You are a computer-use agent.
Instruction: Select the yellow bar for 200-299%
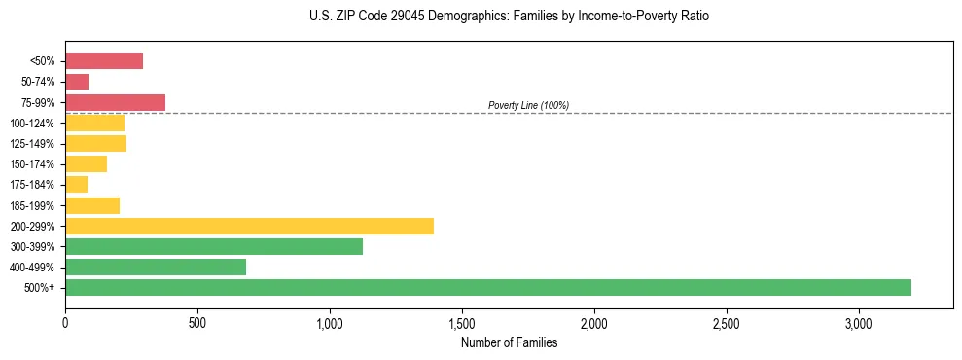(x=249, y=226)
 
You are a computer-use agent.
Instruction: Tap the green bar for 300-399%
(x=214, y=246)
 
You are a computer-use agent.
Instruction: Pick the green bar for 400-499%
(x=156, y=267)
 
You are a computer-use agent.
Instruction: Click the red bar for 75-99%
(x=115, y=102)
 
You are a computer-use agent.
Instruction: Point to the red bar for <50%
(x=104, y=61)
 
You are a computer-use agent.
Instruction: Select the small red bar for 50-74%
(x=77, y=82)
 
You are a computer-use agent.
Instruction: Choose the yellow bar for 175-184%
(x=77, y=184)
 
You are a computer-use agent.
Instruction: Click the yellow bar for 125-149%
(x=95, y=143)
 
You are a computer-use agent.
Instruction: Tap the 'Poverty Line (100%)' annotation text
(x=528, y=105)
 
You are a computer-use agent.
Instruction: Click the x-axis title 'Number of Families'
(x=509, y=342)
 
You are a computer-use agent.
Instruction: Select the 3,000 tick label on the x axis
(x=859, y=323)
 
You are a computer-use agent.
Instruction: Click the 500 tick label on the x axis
(x=197, y=323)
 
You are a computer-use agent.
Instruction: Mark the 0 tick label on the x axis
(x=65, y=323)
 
